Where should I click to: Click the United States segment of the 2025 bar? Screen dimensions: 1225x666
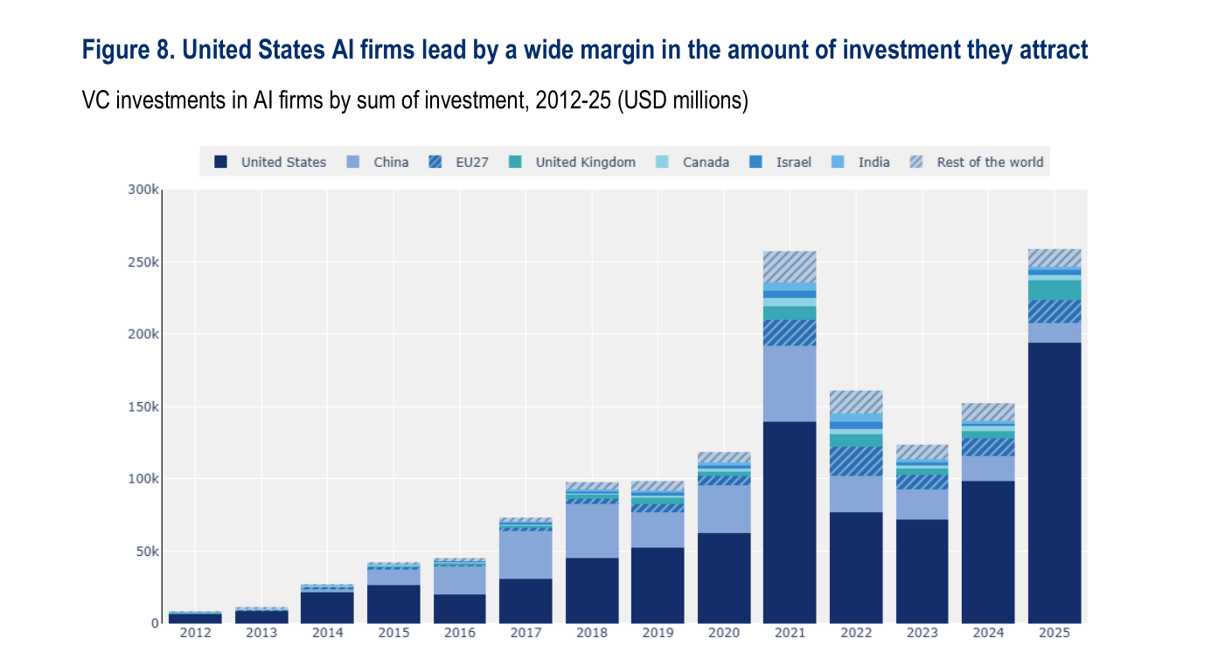pos(1054,482)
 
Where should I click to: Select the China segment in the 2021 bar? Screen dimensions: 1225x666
pos(790,384)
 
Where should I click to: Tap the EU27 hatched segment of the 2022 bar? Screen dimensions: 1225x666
pos(856,461)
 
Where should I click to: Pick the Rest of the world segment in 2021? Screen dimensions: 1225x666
pos(790,267)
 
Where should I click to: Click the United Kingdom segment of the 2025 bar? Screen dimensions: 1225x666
pos(1054,290)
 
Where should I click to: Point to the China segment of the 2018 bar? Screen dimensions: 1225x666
pos(592,531)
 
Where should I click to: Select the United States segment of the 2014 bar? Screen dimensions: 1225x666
pos(327,608)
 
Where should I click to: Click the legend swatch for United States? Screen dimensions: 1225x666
pos(220,162)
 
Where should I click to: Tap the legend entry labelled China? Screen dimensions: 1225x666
pos(378,162)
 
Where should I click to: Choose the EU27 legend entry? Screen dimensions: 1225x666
pos(459,162)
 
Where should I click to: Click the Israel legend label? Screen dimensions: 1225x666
pos(794,163)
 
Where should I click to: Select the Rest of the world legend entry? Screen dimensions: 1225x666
pos(977,162)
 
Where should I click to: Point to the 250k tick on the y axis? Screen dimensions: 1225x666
pos(143,262)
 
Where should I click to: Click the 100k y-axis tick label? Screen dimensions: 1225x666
pos(143,479)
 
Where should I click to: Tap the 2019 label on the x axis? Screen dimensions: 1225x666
pos(658,633)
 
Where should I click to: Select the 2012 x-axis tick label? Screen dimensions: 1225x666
pos(195,633)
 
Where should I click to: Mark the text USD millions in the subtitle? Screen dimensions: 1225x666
pos(683,101)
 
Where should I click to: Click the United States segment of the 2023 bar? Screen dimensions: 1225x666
pos(922,572)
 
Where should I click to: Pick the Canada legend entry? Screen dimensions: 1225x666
pos(693,162)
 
